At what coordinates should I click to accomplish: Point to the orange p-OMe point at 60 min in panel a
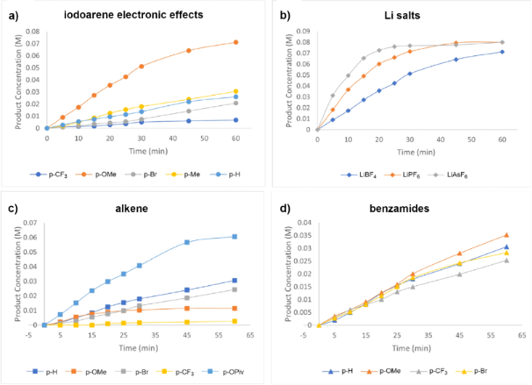[x=235, y=42]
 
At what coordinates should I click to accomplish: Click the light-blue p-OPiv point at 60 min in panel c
[x=234, y=237]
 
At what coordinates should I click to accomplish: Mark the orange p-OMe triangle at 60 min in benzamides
[x=506, y=235]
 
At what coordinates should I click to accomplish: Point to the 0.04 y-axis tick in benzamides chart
[x=303, y=223]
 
